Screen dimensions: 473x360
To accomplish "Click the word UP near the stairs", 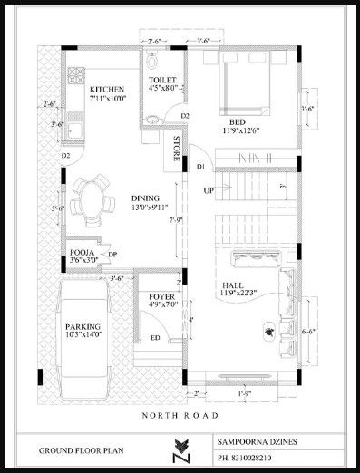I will pos(209,190).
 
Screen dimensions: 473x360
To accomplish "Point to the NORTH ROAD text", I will pos(179,415).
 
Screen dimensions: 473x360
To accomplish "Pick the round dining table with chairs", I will pos(90,201).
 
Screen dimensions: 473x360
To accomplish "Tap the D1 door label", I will pos(201,169).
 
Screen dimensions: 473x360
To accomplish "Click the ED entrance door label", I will pos(155,339).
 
